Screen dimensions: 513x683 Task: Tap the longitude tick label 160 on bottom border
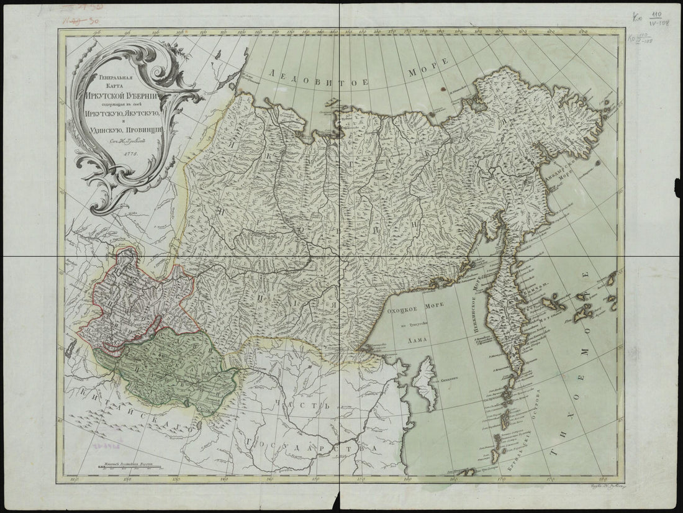coord(406,478)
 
